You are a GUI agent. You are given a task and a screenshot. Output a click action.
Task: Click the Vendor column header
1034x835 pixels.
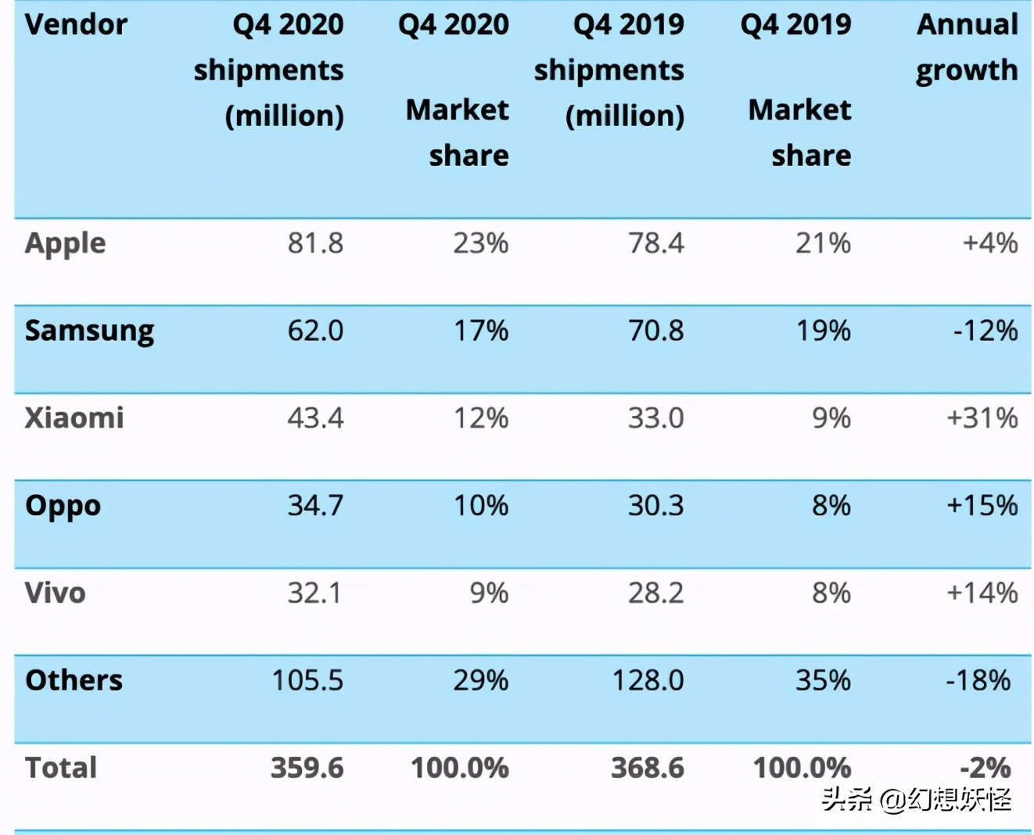click(76, 25)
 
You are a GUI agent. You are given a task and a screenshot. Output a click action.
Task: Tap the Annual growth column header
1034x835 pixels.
click(967, 48)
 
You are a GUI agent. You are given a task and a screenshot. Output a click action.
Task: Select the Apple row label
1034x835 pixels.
click(66, 244)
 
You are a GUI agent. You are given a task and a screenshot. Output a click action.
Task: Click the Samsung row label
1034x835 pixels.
click(89, 331)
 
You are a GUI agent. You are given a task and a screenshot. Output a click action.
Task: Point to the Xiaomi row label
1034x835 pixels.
click(74, 418)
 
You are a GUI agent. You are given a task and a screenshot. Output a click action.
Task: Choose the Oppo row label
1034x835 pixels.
click(63, 507)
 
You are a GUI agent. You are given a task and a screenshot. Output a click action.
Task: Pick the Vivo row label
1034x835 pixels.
click(56, 593)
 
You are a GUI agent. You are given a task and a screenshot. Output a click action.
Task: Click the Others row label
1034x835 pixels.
click(74, 680)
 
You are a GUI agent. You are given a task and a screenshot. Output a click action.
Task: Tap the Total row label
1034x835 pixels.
click(61, 768)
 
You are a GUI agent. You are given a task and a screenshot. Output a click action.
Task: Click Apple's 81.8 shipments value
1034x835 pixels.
click(315, 244)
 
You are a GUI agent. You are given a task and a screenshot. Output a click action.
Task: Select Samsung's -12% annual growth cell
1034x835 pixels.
click(986, 331)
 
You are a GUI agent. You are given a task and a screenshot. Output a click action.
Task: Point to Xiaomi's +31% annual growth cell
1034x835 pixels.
click(982, 418)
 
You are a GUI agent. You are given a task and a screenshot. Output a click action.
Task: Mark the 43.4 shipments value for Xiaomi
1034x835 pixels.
click(315, 418)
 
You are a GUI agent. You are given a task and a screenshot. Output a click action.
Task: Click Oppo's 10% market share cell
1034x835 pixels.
click(481, 506)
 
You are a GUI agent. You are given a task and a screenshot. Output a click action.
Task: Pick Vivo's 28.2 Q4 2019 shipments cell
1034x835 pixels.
click(655, 593)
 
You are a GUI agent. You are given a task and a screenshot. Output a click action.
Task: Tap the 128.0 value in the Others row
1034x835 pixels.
click(648, 680)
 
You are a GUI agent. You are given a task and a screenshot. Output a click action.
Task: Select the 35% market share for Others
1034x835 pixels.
click(823, 680)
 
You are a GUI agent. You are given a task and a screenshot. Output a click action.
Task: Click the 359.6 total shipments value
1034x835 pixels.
click(307, 768)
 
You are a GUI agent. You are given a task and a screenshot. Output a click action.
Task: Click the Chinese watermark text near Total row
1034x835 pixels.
click(917, 799)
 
